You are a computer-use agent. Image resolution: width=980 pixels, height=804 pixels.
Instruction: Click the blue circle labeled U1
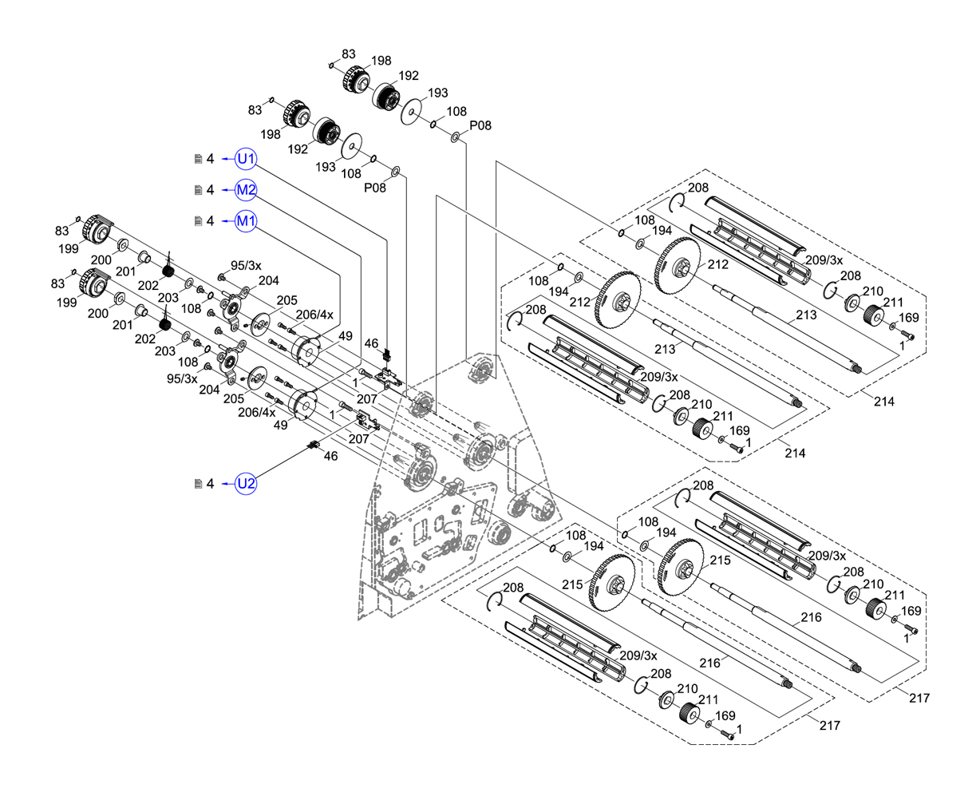click(246, 159)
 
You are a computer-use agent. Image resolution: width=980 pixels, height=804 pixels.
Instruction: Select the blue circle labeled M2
click(246, 190)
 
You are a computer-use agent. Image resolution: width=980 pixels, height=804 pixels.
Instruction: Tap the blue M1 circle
click(246, 221)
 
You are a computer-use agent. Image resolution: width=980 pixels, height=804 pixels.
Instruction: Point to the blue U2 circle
click(246, 484)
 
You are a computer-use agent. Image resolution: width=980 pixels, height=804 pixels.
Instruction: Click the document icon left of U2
click(199, 484)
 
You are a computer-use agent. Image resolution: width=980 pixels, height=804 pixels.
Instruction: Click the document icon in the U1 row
click(199, 159)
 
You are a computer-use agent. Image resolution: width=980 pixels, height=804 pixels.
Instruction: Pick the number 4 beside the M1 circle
click(211, 221)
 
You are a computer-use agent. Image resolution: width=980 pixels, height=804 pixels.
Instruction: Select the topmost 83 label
click(349, 54)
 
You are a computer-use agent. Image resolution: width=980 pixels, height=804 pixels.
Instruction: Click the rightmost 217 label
click(919, 698)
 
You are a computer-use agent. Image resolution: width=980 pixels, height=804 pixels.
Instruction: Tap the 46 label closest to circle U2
click(330, 455)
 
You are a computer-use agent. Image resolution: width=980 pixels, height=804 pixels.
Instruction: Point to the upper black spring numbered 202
click(168, 271)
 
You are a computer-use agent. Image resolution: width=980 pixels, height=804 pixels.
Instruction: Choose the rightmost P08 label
click(480, 125)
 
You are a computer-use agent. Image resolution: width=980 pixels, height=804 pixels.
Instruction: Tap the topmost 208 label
click(697, 188)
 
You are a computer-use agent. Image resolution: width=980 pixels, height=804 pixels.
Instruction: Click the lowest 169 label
click(725, 716)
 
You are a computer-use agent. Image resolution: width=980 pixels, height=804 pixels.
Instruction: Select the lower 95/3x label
click(181, 378)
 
